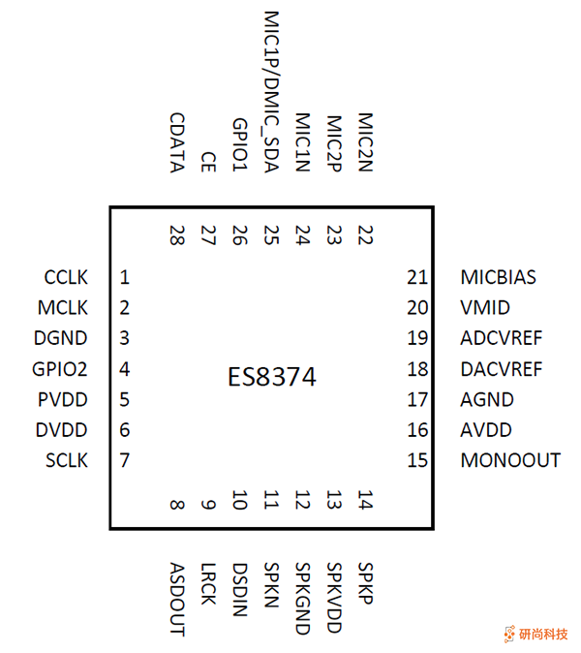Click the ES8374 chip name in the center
coord(271,378)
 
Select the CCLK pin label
coord(66,278)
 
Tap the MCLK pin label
coord(64,308)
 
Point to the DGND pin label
coord(60,338)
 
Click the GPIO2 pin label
coord(60,369)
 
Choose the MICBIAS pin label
coord(498,278)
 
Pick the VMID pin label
coord(485,308)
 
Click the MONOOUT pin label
coord(510,460)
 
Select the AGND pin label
coord(487,399)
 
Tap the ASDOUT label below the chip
coord(176,599)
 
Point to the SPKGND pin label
coord(302,599)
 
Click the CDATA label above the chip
coord(176,142)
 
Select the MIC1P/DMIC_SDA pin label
coord(271,92)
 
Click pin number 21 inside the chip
coord(417,278)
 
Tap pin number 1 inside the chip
coord(125,278)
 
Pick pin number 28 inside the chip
coord(176,235)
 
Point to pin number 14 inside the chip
coord(365,501)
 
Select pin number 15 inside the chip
coord(417,460)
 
